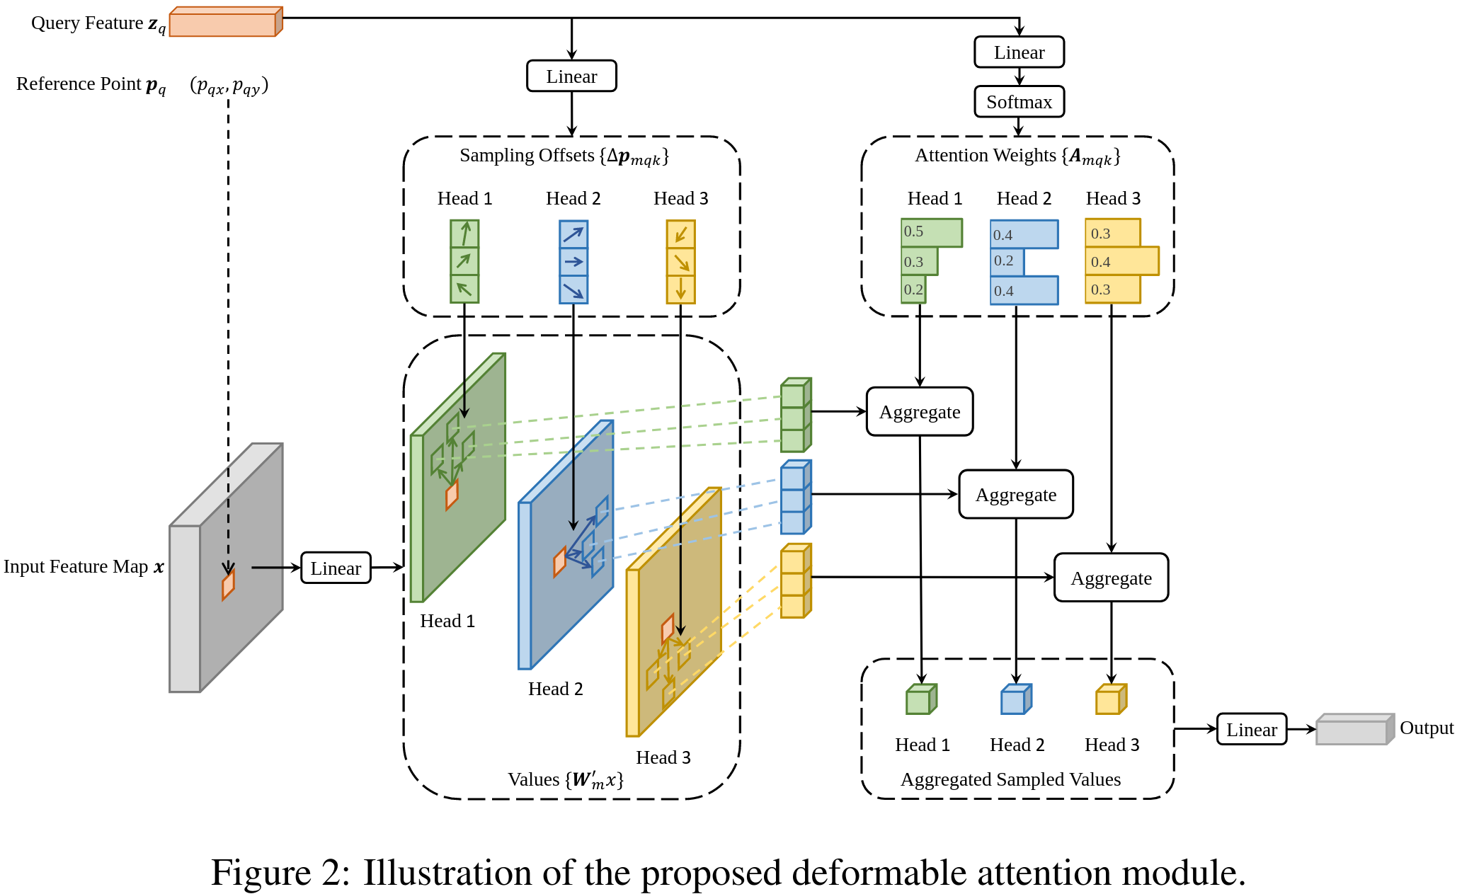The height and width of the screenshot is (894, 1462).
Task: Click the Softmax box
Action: pyautogui.click(x=1019, y=102)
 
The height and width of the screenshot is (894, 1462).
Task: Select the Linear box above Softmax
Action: pyautogui.click(x=1019, y=52)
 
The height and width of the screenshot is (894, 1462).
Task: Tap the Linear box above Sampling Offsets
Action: pyautogui.click(x=571, y=76)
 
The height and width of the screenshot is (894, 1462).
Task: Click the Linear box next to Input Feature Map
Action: pyautogui.click(x=336, y=568)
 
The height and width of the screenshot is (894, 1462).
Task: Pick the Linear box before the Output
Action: pyautogui.click(x=1252, y=729)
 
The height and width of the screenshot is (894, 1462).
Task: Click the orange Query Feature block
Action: pyautogui.click(x=226, y=21)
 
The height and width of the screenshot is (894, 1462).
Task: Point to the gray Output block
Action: pyautogui.click(x=1355, y=729)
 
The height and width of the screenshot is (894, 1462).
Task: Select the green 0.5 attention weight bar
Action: pyautogui.click(x=932, y=233)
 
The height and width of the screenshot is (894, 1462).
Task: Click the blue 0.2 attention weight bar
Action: pyautogui.click(x=1007, y=261)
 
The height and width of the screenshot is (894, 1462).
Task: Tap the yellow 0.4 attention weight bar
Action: pyautogui.click(x=1122, y=261)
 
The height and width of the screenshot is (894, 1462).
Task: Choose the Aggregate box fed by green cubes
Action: pyautogui.click(x=920, y=411)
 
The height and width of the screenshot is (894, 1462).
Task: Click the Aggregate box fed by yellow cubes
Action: pyautogui.click(x=1111, y=578)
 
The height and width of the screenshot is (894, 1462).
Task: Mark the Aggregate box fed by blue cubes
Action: pyautogui.click(x=1016, y=494)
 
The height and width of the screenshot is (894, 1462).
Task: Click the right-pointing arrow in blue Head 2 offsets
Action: pyautogui.click(x=573, y=262)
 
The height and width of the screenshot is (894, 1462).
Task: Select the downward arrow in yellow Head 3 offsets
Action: pyautogui.click(x=680, y=289)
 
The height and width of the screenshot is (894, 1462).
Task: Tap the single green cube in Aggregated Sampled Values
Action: pyautogui.click(x=921, y=699)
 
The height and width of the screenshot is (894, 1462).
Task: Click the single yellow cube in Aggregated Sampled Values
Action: pyautogui.click(x=1111, y=699)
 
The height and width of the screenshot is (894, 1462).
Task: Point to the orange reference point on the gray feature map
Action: pyautogui.click(x=228, y=585)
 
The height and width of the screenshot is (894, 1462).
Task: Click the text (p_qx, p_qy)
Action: pyautogui.click(x=229, y=86)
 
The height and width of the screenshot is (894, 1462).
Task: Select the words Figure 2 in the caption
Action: pyautogui.click(x=280, y=872)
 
